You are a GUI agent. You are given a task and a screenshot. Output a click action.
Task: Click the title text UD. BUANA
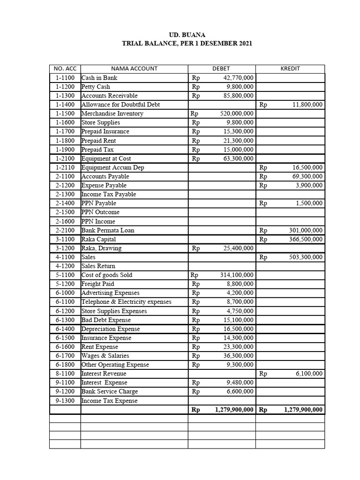(187, 35)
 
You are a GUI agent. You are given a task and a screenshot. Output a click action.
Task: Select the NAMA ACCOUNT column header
(134, 68)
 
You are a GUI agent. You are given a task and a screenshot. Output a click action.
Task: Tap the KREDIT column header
(290, 68)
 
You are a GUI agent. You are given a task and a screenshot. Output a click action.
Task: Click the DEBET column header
(221, 68)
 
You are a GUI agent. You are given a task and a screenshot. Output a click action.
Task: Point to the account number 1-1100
(65, 78)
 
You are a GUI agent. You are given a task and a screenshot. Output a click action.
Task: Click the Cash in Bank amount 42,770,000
(237, 78)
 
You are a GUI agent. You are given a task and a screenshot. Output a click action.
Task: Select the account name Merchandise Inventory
(112, 113)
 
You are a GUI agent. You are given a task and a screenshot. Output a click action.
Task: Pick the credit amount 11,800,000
(307, 105)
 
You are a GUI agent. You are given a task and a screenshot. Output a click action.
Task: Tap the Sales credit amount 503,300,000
(305, 257)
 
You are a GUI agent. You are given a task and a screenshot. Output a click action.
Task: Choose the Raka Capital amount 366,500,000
(305, 239)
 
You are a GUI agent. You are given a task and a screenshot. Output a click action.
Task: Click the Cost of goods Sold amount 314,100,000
(237, 275)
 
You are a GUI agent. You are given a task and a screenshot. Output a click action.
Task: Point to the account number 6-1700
(65, 356)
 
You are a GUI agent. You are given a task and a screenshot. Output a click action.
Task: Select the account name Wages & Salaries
(105, 356)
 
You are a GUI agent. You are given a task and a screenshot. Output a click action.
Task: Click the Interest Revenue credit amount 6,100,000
(308, 374)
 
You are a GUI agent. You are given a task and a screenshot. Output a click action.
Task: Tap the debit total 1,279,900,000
(234, 410)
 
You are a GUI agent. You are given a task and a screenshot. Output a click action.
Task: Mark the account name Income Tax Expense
(110, 401)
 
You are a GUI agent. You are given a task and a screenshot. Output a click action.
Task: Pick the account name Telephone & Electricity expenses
(127, 302)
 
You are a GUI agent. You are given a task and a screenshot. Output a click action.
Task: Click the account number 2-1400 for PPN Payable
(65, 203)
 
